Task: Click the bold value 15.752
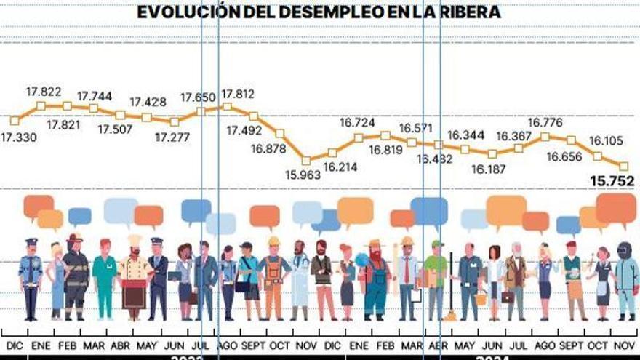(x=612, y=181)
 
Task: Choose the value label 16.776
(x=545, y=122)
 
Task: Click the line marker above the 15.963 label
(x=306, y=160)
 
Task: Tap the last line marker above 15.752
(x=623, y=166)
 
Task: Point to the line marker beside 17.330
(x=15, y=121)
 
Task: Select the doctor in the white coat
(x=300, y=280)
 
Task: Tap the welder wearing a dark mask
(x=625, y=280)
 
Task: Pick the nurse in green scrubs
(x=105, y=280)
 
